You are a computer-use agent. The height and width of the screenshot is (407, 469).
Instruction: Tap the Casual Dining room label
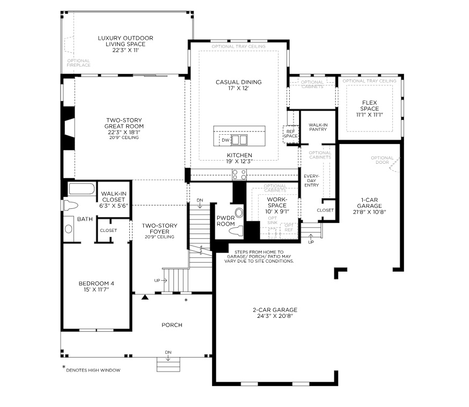[238, 82]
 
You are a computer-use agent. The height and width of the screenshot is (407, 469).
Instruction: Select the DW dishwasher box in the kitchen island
[225, 140]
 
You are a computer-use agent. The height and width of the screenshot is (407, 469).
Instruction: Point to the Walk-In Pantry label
[318, 127]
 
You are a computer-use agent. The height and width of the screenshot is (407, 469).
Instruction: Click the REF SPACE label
[290, 133]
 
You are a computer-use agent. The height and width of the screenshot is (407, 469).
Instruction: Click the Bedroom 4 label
[97, 284]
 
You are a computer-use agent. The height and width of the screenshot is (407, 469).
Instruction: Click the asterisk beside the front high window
[186, 300]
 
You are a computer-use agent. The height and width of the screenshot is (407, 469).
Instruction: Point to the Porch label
[172, 325]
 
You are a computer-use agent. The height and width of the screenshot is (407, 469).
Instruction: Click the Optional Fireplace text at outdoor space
[78, 62]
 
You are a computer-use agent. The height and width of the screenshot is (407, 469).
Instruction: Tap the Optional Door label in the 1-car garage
[382, 160]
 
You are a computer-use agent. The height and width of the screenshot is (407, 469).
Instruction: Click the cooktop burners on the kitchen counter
[239, 174]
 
